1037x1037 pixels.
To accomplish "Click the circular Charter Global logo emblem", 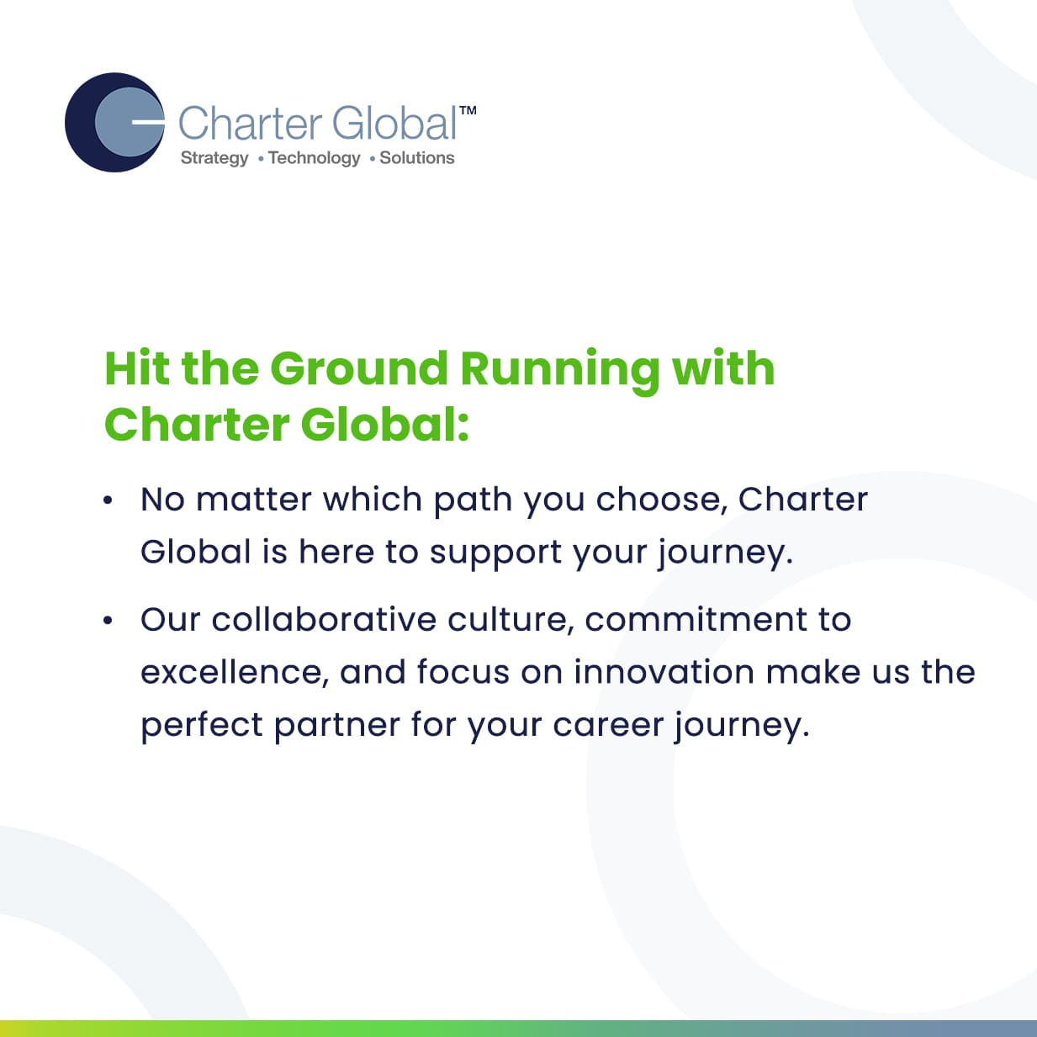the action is click(x=114, y=123).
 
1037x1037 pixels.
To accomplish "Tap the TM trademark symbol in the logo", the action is click(x=468, y=111).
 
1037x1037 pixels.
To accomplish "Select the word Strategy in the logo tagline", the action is click(x=214, y=158).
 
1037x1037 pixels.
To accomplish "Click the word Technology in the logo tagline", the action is click(x=315, y=158).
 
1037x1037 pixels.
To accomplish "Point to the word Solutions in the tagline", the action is click(x=417, y=157).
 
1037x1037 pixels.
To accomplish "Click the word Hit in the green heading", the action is click(x=137, y=368).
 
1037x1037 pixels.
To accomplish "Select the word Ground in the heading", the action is click(x=359, y=368).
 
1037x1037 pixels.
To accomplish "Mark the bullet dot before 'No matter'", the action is click(x=108, y=500).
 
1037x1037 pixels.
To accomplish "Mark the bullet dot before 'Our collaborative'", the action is click(x=108, y=621).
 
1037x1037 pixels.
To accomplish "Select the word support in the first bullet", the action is click(x=495, y=555).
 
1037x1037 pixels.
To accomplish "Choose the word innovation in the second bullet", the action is click(x=664, y=672).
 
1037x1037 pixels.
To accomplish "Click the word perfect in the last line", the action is click(x=202, y=727).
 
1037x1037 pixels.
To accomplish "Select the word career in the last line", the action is click(x=608, y=727).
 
